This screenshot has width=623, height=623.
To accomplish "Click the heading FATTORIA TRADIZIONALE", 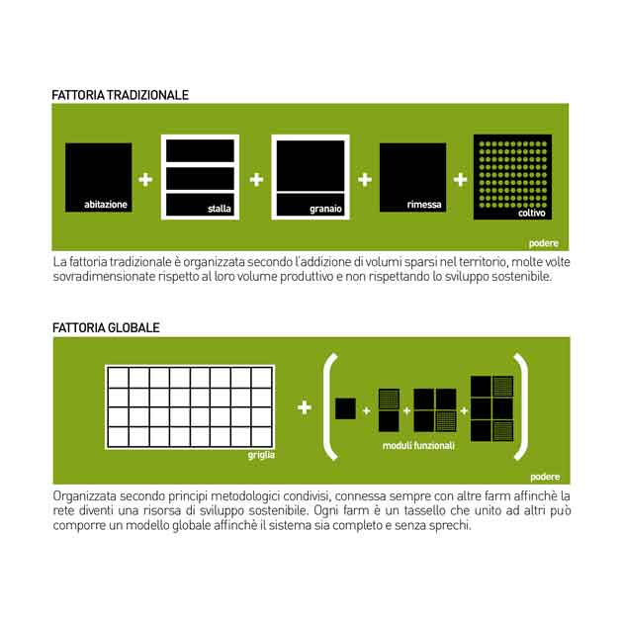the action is point(120,95).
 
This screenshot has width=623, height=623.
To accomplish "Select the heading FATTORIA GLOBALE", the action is point(106,327).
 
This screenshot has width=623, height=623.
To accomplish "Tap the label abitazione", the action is point(106,205).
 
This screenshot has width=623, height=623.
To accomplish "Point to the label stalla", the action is point(220,209).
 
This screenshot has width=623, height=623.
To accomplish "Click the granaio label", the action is point(325,209).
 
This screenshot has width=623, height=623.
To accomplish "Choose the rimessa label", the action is point(424,205).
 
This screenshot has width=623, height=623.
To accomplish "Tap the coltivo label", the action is point(532,213).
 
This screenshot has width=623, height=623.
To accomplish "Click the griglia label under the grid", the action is point(261,455).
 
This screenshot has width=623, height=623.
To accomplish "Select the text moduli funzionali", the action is point(418,446).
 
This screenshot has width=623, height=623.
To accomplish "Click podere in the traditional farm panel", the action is point(544,243).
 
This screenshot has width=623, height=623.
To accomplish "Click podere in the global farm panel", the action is point(545,477).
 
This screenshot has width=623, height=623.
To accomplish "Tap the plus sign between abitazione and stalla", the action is point(145,180).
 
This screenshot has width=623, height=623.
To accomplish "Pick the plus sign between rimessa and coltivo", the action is point(460,180).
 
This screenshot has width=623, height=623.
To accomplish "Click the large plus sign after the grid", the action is point(305,407).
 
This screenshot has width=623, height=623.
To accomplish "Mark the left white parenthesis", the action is point(328,405).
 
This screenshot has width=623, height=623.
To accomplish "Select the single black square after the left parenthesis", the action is point(346,408).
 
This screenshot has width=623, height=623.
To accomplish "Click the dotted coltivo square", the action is point(512,177).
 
